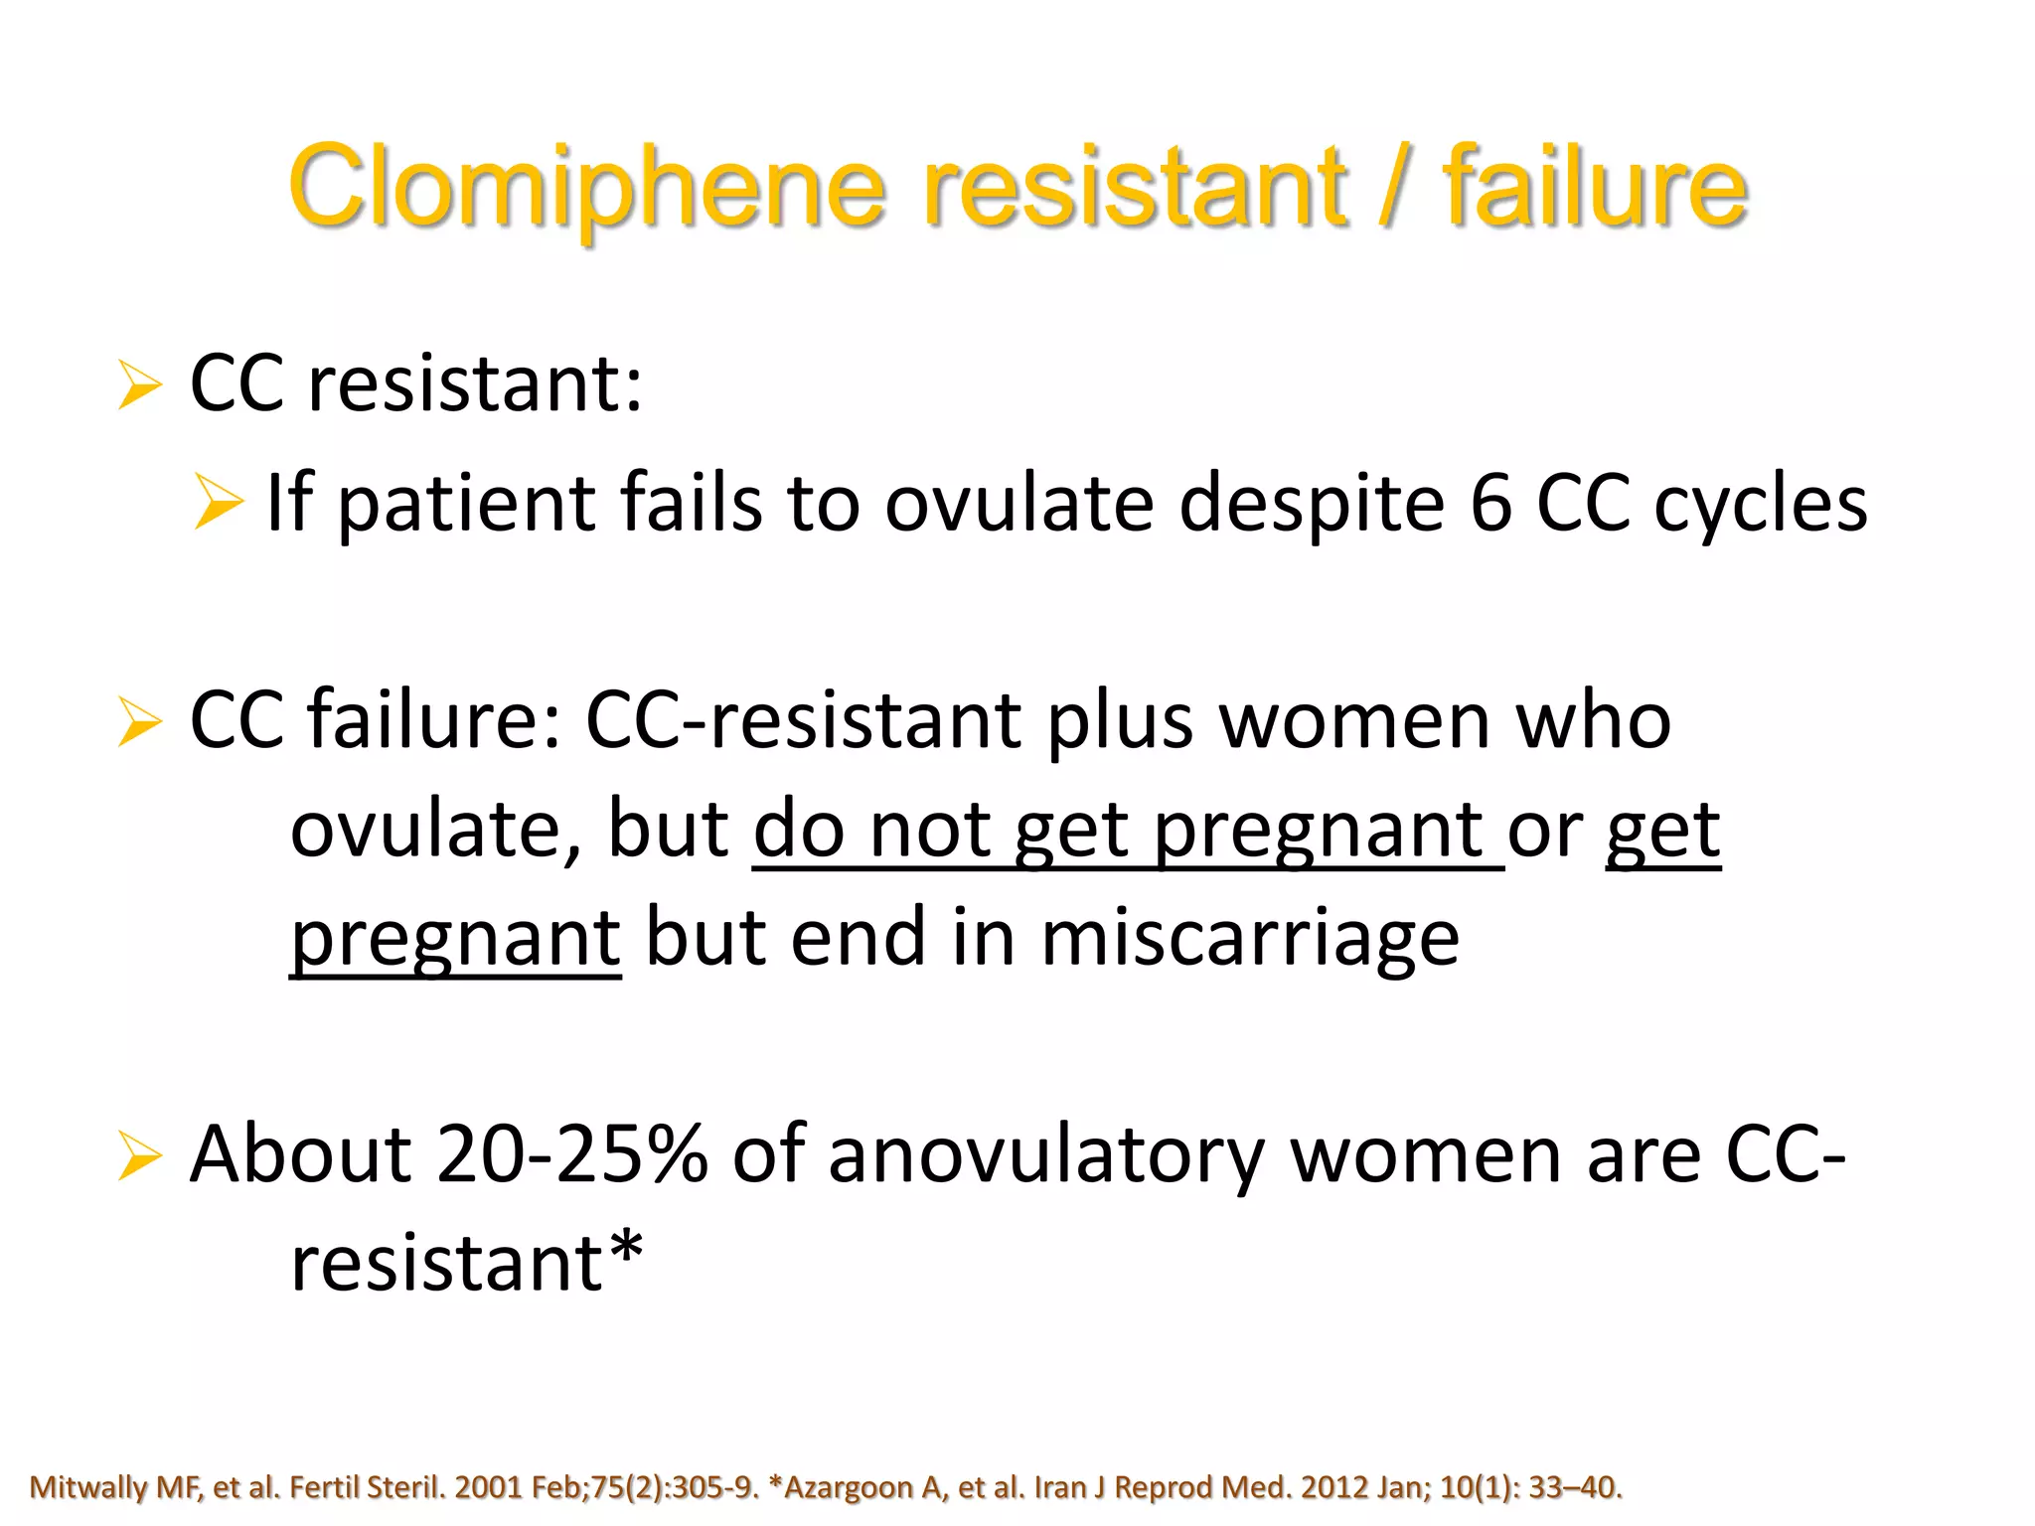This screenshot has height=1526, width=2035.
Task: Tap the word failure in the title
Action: [x=1594, y=187]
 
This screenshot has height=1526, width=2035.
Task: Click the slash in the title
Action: [x=1394, y=187]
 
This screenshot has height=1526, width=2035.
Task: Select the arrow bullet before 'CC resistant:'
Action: [x=139, y=385]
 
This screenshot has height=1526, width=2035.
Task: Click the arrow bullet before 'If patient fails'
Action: [x=219, y=503]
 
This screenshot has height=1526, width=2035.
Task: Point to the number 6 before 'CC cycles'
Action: [x=1489, y=503]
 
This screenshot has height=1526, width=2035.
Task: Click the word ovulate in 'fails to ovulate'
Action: [x=1019, y=503]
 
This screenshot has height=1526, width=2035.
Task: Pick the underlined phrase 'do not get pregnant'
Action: [x=1127, y=831]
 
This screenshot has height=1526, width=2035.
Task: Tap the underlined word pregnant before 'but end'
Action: [x=455, y=940]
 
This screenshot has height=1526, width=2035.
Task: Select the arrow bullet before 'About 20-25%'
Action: [x=139, y=1156]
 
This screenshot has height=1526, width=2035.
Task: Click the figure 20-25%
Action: [x=571, y=1154]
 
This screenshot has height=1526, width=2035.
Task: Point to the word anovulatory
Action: [x=1045, y=1156]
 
